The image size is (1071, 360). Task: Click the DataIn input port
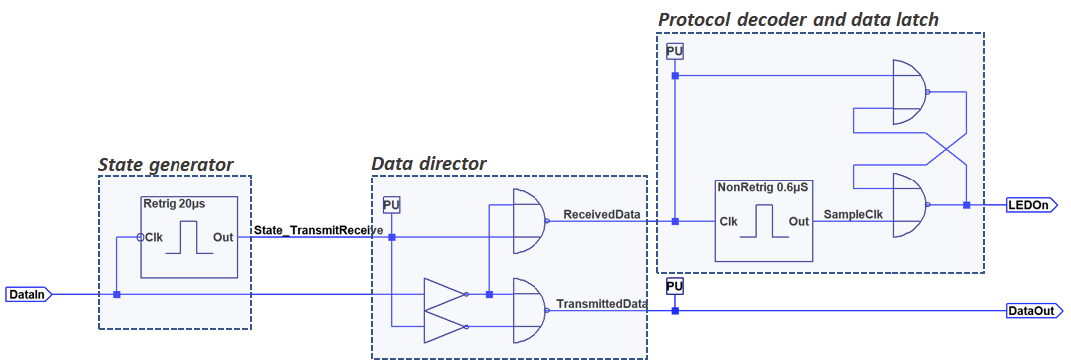(x=28, y=294)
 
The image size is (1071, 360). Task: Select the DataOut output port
(x=1035, y=311)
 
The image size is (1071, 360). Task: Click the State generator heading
(x=166, y=164)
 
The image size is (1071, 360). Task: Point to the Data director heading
(x=428, y=164)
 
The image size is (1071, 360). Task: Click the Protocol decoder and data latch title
(x=799, y=19)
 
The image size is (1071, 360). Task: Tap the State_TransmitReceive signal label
(x=318, y=230)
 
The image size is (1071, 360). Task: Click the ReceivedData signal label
(x=601, y=215)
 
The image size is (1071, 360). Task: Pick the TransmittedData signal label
(x=601, y=303)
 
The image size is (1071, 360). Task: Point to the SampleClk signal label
(x=854, y=215)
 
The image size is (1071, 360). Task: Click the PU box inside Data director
(x=391, y=205)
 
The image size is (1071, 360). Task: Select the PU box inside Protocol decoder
(x=674, y=52)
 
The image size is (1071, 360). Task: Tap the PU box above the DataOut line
(x=675, y=286)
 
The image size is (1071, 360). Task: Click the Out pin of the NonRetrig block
(x=798, y=222)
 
